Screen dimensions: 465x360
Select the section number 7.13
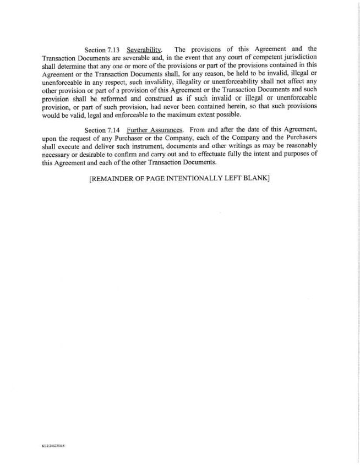click(113, 50)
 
